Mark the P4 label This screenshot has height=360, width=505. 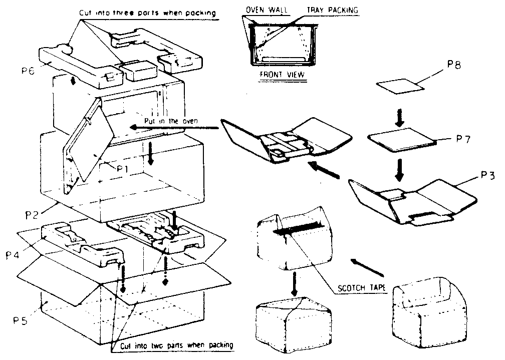pyautogui.click(x=14, y=255)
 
